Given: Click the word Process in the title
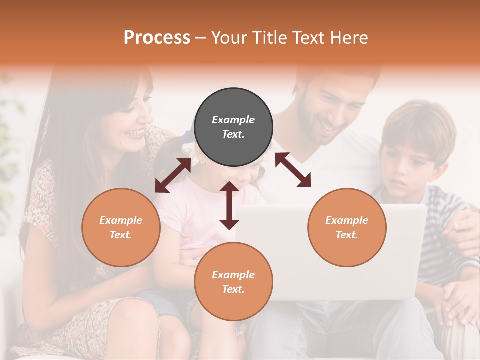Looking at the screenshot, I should (157, 38).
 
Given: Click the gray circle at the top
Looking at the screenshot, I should (233, 127).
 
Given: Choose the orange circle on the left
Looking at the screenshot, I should (121, 227).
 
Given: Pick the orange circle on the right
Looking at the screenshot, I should (347, 227).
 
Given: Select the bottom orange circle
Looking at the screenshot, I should (233, 282).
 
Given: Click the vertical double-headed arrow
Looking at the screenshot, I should (229, 205).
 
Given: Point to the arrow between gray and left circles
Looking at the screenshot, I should (173, 175).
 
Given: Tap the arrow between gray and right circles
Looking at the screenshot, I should (293, 170).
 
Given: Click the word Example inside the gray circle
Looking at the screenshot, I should (233, 120).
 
